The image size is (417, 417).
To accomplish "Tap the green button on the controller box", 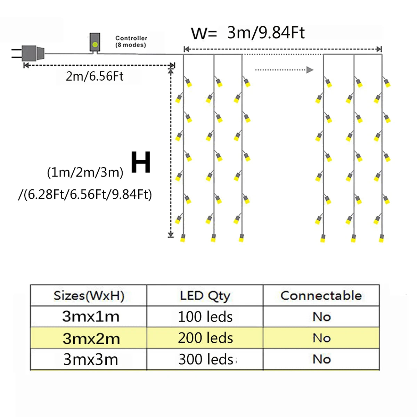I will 95,44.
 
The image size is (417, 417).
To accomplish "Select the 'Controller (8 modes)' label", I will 131,41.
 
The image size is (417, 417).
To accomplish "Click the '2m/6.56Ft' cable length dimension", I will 95,76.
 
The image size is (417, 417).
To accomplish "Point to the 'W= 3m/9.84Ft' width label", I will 248,33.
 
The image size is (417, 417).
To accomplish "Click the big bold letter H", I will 141,162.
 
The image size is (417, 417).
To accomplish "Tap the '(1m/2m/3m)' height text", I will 85,172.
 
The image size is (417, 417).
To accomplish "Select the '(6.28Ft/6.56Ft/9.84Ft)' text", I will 85,194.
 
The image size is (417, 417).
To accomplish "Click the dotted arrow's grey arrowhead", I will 310,70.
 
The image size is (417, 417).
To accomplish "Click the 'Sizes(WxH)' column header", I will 89,296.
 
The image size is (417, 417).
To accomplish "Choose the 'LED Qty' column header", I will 205,296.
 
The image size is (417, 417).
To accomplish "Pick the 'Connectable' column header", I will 321,296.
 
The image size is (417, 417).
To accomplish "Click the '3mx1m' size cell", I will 91,317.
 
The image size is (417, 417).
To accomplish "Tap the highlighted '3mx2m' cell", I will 91,338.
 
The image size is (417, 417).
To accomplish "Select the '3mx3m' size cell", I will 91,359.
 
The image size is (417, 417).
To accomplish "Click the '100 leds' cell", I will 205,317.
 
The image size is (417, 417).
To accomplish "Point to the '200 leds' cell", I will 205,338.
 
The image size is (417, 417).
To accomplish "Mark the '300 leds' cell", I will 206,359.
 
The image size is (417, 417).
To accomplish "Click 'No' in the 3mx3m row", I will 321,359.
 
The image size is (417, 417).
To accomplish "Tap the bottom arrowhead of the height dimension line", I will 171,235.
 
